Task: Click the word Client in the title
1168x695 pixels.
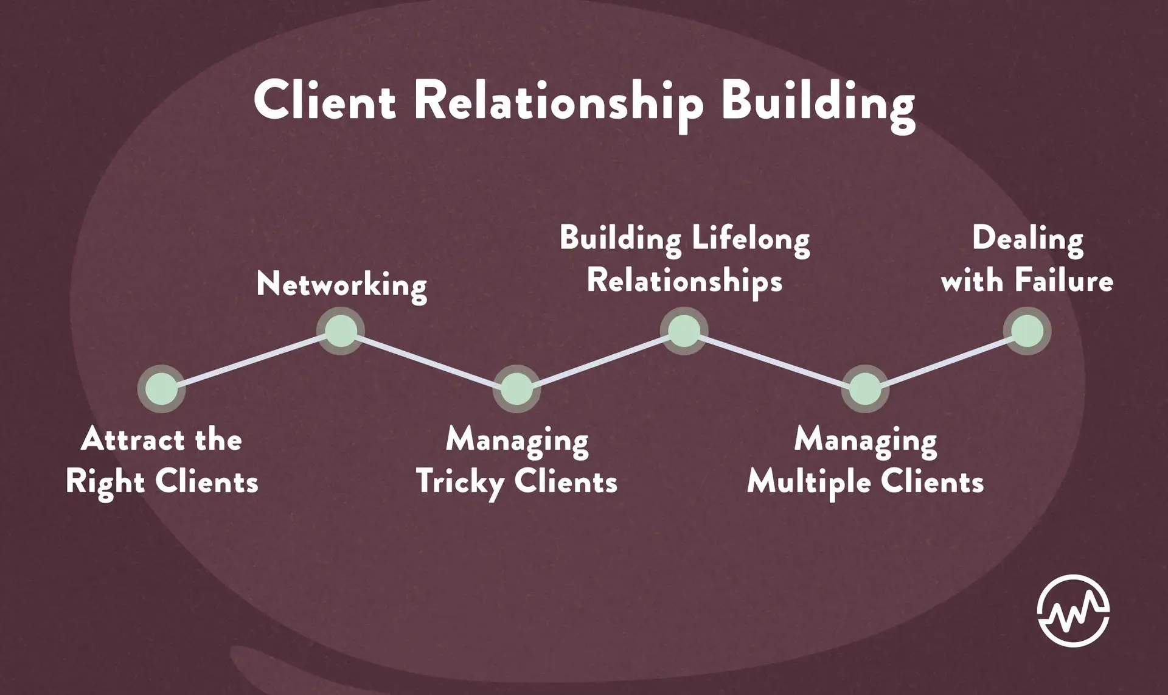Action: (x=324, y=101)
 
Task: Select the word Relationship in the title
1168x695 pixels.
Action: (x=558, y=102)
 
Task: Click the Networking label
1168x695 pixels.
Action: (x=341, y=285)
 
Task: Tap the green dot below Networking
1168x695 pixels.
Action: (x=341, y=331)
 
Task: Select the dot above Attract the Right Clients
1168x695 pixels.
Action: (x=161, y=389)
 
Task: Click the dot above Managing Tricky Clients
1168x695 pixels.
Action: (x=516, y=389)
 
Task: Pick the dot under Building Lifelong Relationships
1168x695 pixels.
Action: (x=684, y=331)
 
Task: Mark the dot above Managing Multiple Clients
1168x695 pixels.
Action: (x=864, y=389)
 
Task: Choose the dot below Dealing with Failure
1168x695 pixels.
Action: (x=1027, y=331)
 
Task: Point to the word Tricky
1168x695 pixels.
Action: (x=460, y=483)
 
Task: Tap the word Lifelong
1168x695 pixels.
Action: (x=750, y=239)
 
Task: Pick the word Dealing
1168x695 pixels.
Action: (x=1027, y=239)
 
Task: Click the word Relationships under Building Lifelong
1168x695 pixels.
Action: (x=684, y=281)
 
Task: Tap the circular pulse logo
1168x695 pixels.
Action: (x=1073, y=610)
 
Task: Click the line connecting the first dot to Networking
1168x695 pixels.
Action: (x=251, y=360)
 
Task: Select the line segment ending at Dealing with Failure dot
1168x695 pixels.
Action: (x=946, y=360)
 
